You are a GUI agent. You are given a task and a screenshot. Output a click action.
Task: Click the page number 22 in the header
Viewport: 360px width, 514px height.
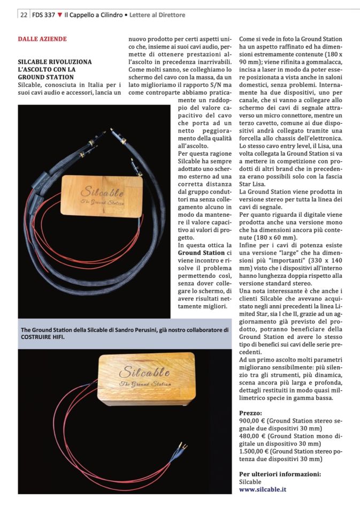click(24, 15)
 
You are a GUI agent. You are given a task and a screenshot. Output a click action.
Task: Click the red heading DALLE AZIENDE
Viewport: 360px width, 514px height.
click(42, 39)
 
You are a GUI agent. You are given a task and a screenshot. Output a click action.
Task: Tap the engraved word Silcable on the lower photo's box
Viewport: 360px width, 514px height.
click(146, 372)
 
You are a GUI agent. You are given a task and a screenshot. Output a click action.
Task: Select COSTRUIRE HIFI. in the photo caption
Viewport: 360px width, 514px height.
click(44, 337)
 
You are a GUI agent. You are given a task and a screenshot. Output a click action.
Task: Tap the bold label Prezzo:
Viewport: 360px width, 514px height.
click(251, 413)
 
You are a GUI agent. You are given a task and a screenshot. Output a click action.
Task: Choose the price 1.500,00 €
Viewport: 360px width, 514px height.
click(255, 451)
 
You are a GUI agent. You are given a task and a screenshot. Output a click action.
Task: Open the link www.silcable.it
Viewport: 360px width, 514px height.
click(263, 489)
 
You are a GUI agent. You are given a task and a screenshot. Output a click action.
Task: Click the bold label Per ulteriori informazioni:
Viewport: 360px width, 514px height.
click(280, 474)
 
